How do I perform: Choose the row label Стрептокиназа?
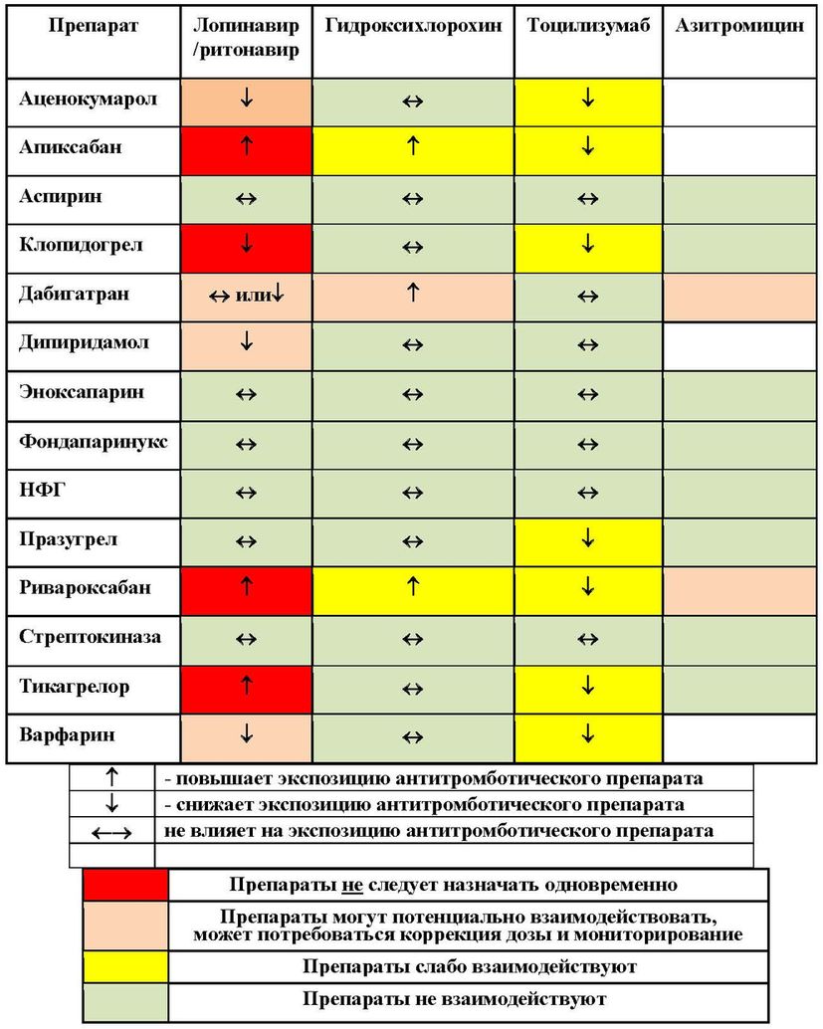[90, 637]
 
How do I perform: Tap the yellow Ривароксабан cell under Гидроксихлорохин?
[413, 587]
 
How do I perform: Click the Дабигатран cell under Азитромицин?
[739, 297]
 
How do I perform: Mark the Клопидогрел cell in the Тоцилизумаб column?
[588, 246]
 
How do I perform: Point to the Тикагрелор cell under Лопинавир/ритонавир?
[246, 687]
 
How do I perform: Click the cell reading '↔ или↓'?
[246, 297]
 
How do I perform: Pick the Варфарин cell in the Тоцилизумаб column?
[588, 735]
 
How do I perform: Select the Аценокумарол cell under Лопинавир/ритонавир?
[246, 100]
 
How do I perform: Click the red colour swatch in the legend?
[125, 884]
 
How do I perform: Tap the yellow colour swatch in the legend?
[125, 966]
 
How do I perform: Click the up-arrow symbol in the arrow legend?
[111, 777]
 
